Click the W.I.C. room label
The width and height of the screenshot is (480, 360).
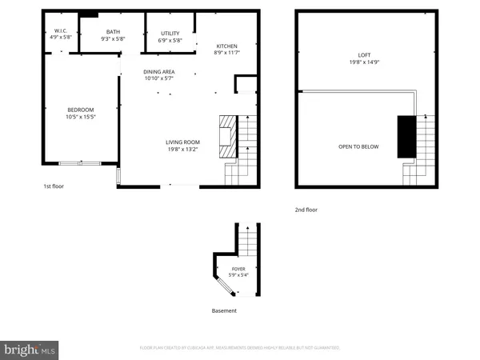(61, 30)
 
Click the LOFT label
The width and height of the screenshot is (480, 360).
(364, 55)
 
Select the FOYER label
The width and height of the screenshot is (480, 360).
(239, 270)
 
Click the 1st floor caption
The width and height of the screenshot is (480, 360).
(53, 186)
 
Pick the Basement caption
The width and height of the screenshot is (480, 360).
(224, 310)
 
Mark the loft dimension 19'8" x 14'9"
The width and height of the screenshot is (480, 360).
(364, 63)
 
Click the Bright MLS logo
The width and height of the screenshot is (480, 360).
(30, 350)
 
